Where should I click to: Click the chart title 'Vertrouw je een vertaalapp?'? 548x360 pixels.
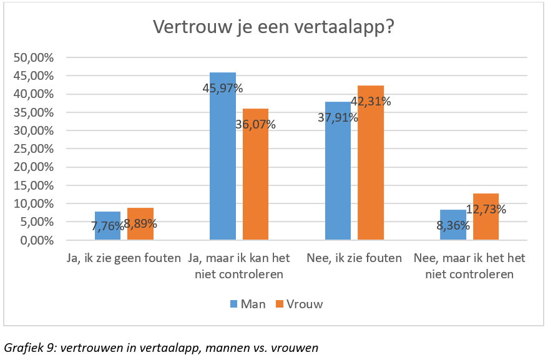pyautogui.click(x=274, y=28)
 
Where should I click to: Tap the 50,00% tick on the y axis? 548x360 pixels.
pyautogui.click(x=34, y=58)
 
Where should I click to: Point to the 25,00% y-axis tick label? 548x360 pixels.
pyautogui.click(x=34, y=149)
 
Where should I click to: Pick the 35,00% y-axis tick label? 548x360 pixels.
pyautogui.click(x=34, y=113)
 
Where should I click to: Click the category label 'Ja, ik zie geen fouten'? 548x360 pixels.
pyautogui.click(x=124, y=258)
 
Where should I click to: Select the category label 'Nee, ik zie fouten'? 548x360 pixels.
pyautogui.click(x=355, y=258)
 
